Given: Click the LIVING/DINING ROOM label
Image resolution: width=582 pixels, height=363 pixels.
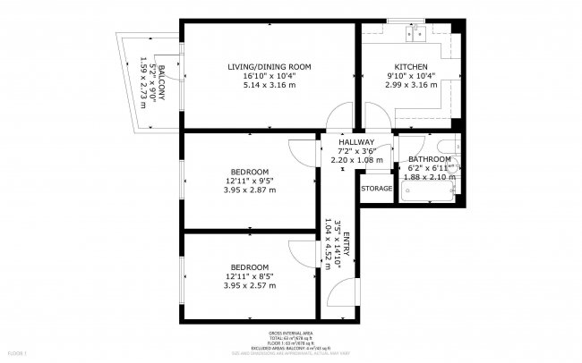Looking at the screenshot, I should click(x=269, y=67).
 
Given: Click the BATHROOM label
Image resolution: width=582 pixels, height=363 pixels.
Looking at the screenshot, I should click(x=430, y=158).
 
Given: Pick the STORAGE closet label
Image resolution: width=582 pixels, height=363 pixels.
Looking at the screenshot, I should click(x=376, y=189).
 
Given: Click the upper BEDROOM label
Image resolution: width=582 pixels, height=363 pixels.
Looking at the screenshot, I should click(x=249, y=172).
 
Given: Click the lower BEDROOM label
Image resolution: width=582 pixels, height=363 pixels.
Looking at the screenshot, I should click(x=249, y=267).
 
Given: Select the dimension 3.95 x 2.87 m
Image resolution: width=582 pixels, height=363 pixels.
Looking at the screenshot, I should click(x=250, y=190).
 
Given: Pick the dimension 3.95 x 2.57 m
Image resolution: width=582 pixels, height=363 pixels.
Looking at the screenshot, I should click(x=250, y=286).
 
